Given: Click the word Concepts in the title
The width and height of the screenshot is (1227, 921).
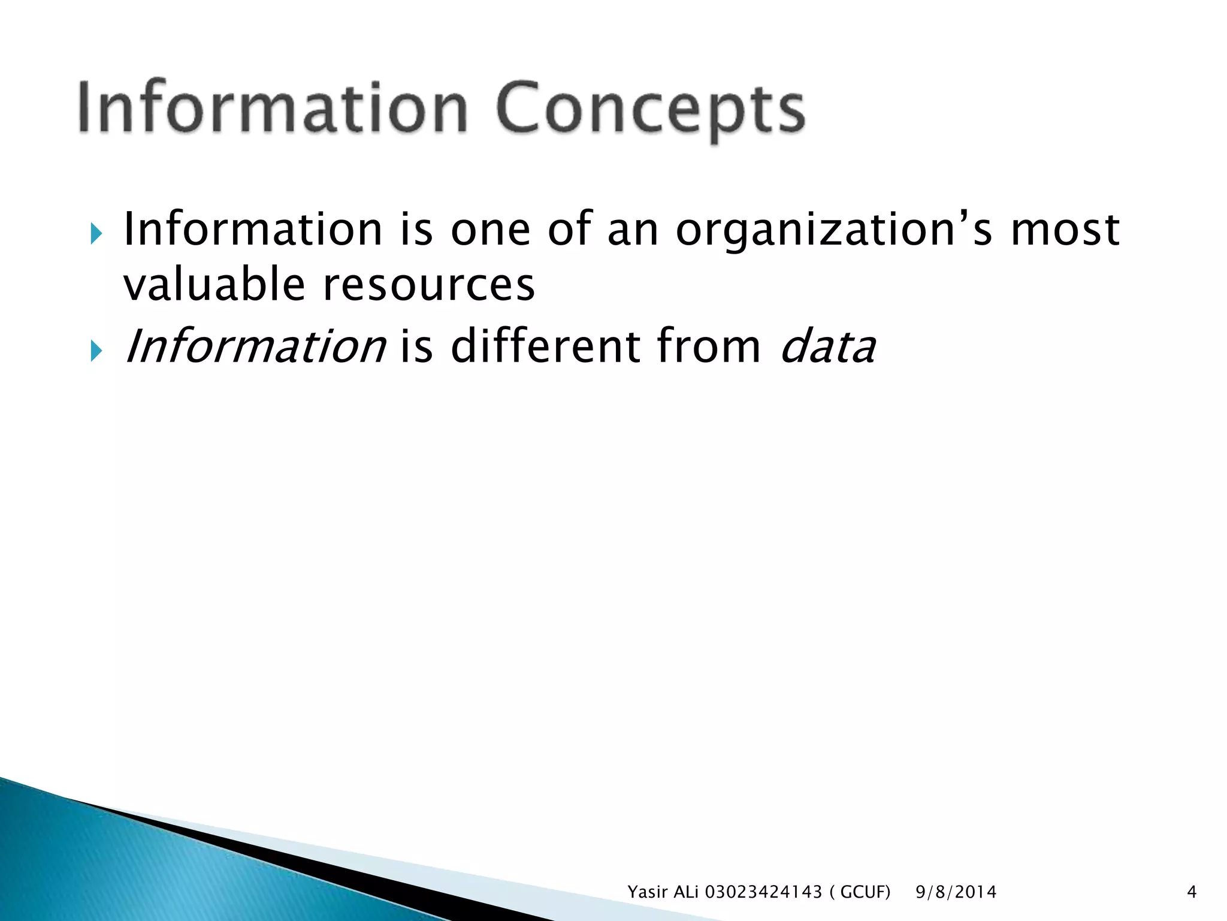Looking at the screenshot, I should (649, 110).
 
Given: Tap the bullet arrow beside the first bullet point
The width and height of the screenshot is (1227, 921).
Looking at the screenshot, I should (96, 233).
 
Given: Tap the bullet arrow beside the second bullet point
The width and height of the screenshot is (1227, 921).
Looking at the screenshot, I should (96, 350).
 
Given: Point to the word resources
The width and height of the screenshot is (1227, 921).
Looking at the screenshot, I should (428, 285).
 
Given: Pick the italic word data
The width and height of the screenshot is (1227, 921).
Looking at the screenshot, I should (828, 347).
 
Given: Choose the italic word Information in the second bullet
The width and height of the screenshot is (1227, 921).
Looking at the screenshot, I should (255, 347).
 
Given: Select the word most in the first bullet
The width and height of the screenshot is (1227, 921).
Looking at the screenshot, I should (1065, 230).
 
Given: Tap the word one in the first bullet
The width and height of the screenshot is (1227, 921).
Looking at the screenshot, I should (490, 230).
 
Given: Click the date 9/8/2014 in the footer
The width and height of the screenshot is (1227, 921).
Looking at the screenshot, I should (956, 892).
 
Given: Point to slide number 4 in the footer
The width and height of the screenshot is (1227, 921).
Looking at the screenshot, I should (1192, 892).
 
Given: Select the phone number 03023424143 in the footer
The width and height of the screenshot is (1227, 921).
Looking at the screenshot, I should (763, 892).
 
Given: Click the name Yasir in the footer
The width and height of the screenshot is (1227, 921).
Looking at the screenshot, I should (647, 892).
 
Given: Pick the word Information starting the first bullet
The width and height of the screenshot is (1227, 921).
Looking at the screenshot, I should (252, 230).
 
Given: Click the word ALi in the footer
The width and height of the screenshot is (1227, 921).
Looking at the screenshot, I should (687, 892).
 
